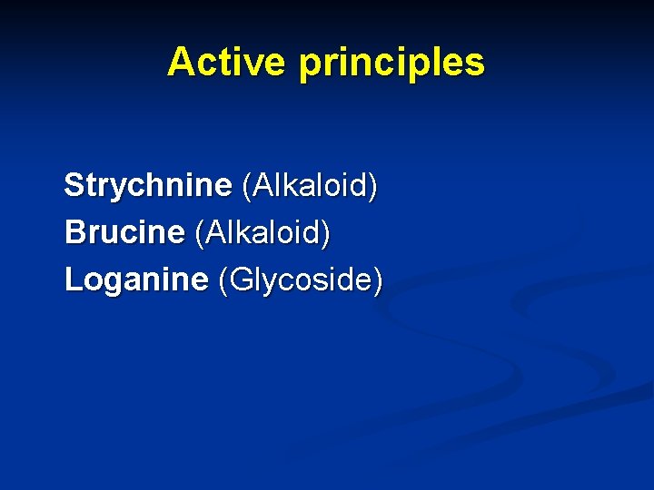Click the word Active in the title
(227, 63)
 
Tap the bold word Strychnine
(148, 186)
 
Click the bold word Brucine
(124, 233)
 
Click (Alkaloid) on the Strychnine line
(310, 186)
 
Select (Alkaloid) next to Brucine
(263, 233)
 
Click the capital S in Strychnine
(74, 186)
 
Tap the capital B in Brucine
(74, 233)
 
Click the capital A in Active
(181, 63)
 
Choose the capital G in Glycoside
(241, 279)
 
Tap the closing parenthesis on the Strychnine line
(373, 187)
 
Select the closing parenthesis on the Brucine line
(326, 234)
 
